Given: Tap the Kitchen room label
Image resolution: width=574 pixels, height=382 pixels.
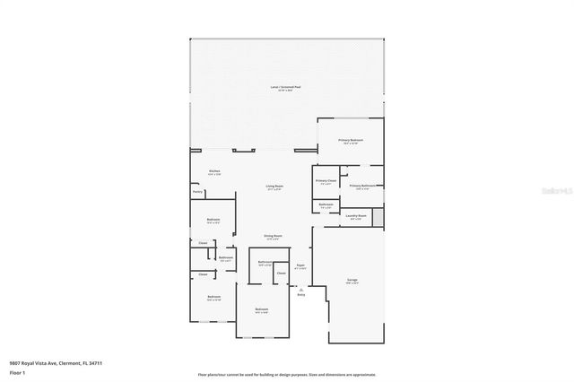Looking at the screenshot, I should tap(214, 171).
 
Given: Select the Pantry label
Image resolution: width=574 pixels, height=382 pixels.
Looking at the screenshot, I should tap(197, 192).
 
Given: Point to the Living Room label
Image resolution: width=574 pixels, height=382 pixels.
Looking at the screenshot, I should tap(274, 186).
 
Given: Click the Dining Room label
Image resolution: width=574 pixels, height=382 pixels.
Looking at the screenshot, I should tap(272, 235).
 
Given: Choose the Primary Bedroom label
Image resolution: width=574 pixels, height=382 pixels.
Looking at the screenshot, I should tap(350, 140).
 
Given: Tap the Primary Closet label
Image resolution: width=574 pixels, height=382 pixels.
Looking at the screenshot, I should tap(326, 181).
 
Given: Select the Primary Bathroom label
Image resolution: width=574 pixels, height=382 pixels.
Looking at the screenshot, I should tap(362, 186).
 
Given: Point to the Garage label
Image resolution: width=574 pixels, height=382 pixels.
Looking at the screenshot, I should tap(352, 281).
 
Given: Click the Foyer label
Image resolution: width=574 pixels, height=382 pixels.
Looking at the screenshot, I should tap(301, 265).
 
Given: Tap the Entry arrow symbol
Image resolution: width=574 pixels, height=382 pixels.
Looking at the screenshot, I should tap(300, 289).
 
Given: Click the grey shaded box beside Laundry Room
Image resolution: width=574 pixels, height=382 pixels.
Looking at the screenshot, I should tap(378, 216).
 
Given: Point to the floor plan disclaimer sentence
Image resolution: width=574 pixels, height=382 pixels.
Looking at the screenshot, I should tap(287, 374).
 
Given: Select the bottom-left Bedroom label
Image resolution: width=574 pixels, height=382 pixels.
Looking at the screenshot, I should tap(213, 297).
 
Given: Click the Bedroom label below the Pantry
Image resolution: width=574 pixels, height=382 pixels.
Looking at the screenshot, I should tap(213, 219).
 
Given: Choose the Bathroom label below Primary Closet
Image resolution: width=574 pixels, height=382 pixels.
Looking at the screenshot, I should tap(326, 204).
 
